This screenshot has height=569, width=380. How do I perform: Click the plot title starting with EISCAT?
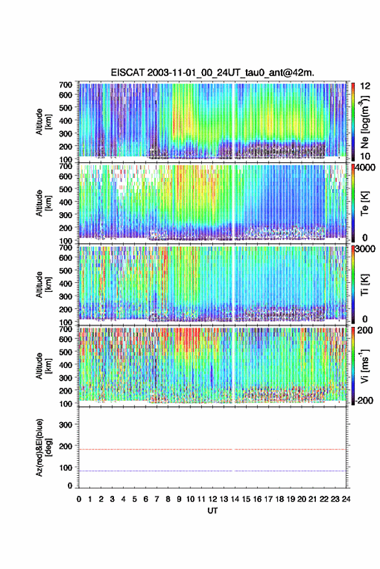click(212, 73)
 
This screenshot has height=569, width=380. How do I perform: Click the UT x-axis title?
click(212, 511)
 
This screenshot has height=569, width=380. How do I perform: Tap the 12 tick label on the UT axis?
click(213, 499)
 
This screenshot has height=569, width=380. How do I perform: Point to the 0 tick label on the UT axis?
click(79, 499)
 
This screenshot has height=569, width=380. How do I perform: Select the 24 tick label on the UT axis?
click(346, 499)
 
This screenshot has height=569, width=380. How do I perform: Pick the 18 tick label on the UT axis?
click(280, 499)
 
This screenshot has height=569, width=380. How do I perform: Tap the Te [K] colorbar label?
click(364, 203)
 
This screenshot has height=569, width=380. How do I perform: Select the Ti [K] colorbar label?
click(364, 285)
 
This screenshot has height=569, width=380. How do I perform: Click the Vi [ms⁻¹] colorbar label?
click(364, 366)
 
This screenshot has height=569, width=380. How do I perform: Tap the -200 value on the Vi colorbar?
click(364, 401)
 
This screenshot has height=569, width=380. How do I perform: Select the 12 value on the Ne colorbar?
click(365, 86)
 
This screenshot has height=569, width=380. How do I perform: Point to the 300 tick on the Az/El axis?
click(66, 425)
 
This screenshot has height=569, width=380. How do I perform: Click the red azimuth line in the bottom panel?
click(212, 449)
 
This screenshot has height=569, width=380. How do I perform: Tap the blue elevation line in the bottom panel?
click(212, 471)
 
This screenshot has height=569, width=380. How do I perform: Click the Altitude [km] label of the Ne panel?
click(43, 122)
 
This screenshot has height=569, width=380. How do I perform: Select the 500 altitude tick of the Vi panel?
click(65, 351)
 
